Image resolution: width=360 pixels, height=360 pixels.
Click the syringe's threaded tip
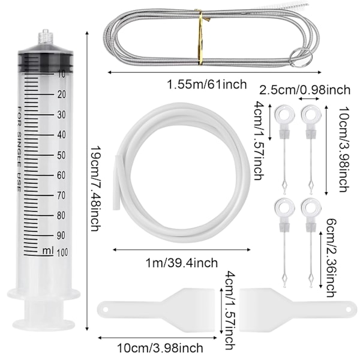tap(46, 37)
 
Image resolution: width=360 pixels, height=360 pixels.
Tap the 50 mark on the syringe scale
tap(61, 155)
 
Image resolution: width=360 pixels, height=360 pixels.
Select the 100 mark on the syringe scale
tap(62, 253)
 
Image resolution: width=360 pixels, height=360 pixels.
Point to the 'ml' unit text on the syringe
tap(48, 250)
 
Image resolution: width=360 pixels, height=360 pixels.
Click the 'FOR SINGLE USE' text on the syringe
tap(19, 149)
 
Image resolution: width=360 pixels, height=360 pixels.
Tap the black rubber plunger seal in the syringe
tap(46, 61)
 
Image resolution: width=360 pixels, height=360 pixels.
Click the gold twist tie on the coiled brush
tap(200, 37)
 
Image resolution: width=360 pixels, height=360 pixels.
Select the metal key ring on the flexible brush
tap(301, 58)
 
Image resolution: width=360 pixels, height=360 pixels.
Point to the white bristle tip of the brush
tap(292, 7)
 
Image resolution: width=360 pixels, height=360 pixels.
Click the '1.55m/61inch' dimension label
tap(207, 84)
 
